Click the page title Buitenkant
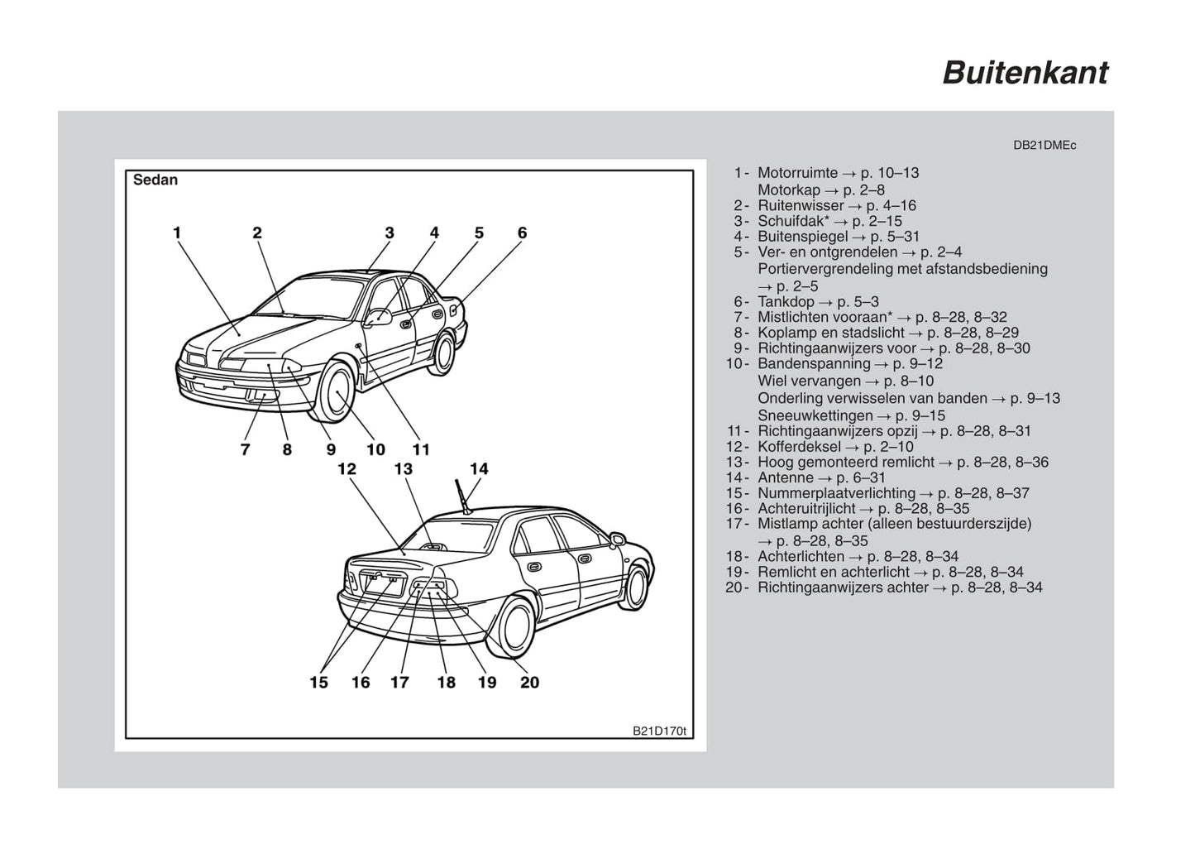(1025, 73)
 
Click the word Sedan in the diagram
(155, 180)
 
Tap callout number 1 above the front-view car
(177, 233)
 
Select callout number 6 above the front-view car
(523, 233)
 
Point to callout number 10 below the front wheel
(375, 449)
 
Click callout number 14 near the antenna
(479, 469)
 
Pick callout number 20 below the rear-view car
(530, 683)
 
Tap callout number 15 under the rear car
(319, 683)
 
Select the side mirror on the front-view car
(378, 317)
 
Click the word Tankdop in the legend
(786, 302)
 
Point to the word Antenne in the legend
(786, 477)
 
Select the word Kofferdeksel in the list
(800, 446)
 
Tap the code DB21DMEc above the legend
(1044, 146)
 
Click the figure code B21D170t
(659, 731)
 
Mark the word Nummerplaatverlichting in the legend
(837, 493)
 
